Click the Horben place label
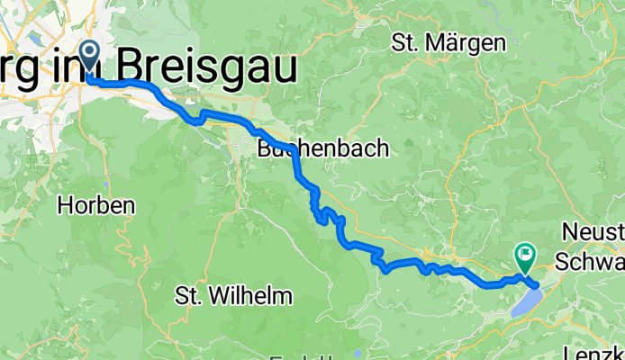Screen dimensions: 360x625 (x=96, y=205)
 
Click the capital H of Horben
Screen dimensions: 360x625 (x=65, y=205)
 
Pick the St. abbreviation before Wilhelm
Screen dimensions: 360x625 (x=190, y=294)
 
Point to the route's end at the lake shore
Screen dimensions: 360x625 (x=537, y=285)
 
